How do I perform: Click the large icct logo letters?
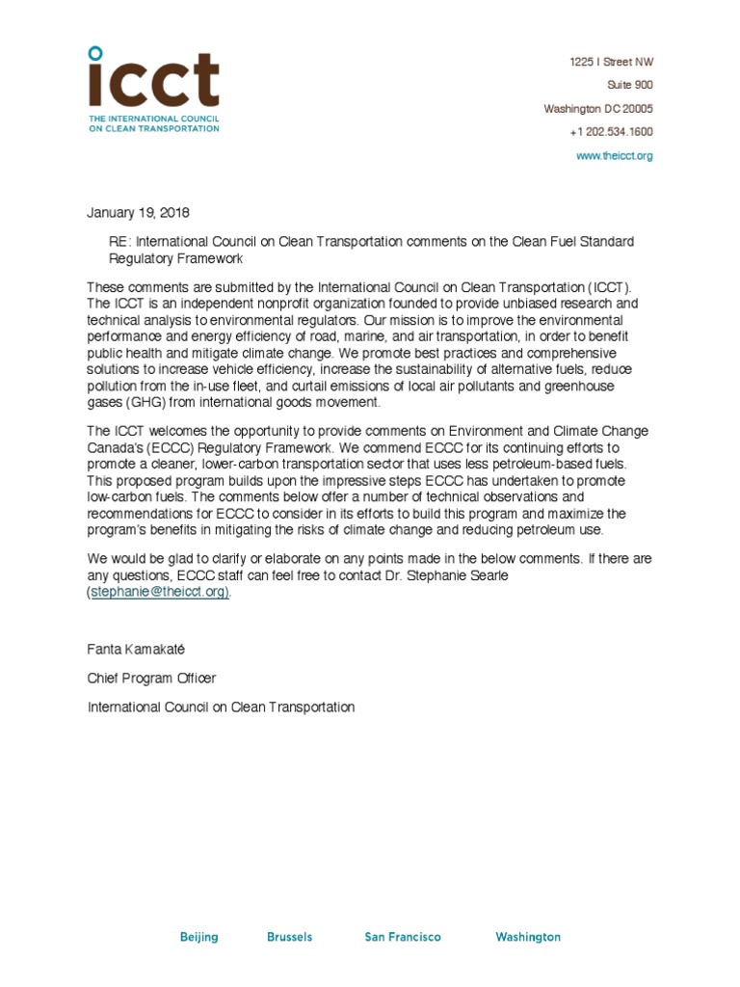153,82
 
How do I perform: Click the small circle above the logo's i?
93,52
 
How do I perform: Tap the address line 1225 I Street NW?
611,63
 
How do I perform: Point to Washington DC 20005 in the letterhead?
598,109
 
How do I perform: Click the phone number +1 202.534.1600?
610,132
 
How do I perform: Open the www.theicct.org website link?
614,156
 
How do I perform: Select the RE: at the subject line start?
119,242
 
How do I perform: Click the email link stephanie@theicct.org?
159,593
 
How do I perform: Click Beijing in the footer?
198,937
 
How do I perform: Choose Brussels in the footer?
288,937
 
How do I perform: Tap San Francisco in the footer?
403,937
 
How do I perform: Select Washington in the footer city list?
527,937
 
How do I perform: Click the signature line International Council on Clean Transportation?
221,707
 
